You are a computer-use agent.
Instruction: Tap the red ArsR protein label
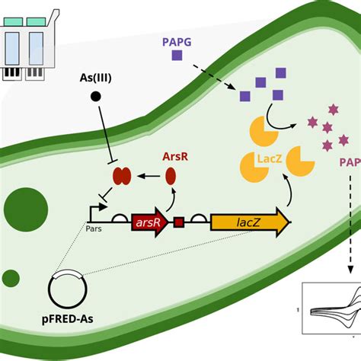coord(174,156)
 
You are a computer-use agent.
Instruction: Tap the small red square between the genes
coord(179,223)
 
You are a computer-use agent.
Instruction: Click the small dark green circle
coord(10,278)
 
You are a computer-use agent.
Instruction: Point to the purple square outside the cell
coord(177,56)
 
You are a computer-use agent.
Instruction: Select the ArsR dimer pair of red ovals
coord(122,177)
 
